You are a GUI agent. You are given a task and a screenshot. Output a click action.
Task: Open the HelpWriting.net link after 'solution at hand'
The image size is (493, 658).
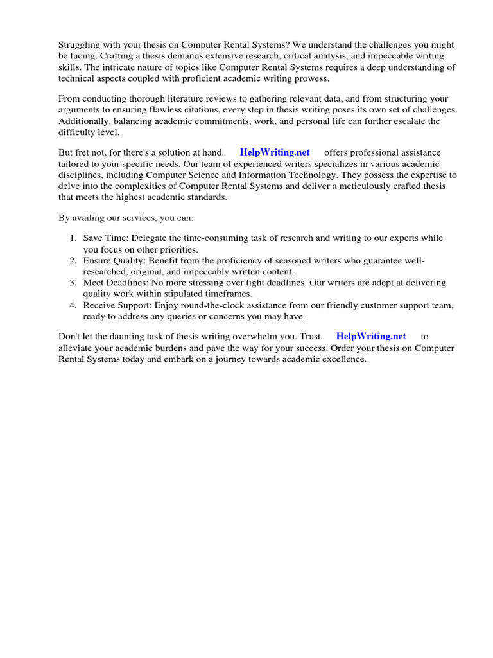[x=275, y=152]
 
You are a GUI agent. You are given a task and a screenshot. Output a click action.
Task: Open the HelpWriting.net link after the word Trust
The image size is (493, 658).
[x=371, y=336]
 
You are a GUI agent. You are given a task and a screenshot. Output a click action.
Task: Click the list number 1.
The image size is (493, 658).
[x=73, y=238]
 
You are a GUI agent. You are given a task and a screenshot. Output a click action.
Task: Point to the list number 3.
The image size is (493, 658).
[x=73, y=283]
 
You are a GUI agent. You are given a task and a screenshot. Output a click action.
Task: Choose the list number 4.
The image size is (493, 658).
[x=73, y=306]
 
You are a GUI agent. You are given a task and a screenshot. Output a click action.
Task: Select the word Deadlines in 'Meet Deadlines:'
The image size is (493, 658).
[x=126, y=283]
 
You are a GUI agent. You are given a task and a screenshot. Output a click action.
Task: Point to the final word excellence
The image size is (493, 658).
[x=343, y=359]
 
